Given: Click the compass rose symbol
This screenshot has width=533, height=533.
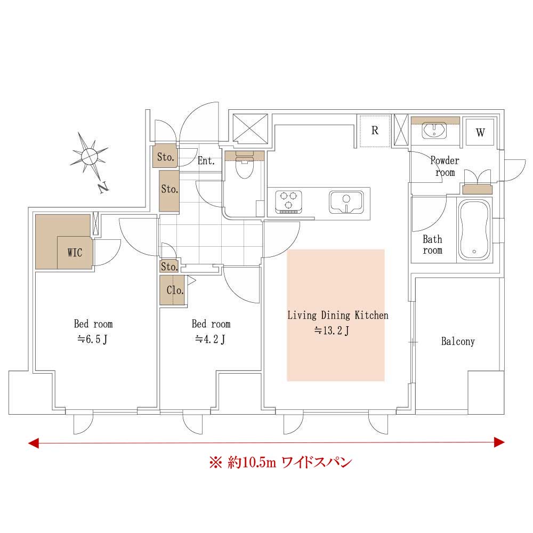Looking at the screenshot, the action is (x=89, y=157).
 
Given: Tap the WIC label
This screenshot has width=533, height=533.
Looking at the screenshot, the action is (x=75, y=253).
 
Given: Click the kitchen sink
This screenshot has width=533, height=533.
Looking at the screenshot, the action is (x=346, y=201).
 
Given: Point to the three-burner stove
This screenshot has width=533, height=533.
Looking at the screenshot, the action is (x=288, y=202).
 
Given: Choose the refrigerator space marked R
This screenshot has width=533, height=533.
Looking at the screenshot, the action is (x=375, y=131).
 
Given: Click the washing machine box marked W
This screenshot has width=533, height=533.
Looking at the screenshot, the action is (x=480, y=132).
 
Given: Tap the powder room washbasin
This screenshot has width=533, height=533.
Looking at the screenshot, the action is (x=434, y=131).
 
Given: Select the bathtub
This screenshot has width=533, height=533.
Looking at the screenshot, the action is (x=474, y=230).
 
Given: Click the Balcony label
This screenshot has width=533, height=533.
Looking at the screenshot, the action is (x=458, y=341).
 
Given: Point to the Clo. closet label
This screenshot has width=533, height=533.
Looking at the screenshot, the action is (x=175, y=290).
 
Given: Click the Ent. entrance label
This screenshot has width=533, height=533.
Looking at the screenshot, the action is (x=206, y=160).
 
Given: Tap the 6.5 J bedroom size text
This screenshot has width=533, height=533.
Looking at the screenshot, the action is (x=92, y=339).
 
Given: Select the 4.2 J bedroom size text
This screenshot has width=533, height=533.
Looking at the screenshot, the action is (x=210, y=339).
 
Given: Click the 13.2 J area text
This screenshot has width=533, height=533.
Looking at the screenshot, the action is (x=332, y=330).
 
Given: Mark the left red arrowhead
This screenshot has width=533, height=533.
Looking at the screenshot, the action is (x=33, y=443).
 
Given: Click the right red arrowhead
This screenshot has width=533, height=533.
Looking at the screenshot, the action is (x=499, y=442).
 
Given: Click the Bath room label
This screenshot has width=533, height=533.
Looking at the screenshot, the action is (x=432, y=245).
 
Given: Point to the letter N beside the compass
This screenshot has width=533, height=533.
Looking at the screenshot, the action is (x=103, y=188).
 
